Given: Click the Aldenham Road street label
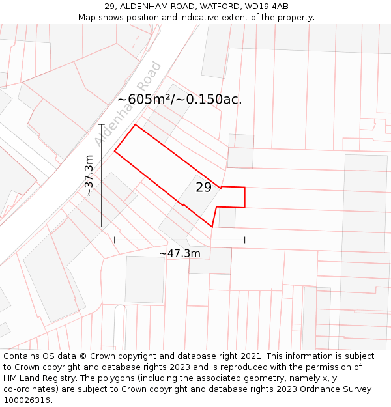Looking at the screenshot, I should click(x=128, y=104).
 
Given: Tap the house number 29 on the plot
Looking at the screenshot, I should click(x=203, y=188).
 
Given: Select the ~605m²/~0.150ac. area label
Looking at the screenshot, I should click(x=179, y=100).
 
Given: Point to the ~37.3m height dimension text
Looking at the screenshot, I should click(x=89, y=175).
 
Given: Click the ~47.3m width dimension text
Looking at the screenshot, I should click(x=179, y=253).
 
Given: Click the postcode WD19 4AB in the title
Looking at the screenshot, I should click(x=267, y=7).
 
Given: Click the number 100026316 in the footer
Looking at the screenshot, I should click(x=26, y=400).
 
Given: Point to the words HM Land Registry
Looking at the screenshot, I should click(x=38, y=378).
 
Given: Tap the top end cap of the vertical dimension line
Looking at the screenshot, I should click(x=102, y=124).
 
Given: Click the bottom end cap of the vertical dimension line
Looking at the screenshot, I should click(x=102, y=227).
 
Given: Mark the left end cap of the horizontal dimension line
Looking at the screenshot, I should click(x=115, y=240).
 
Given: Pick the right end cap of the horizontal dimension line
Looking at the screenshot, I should click(x=245, y=240).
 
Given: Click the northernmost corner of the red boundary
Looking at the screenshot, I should click(x=135, y=124).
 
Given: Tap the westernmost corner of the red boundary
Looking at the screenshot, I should click(x=115, y=152).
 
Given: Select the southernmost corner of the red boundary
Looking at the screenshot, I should click(x=212, y=227).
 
